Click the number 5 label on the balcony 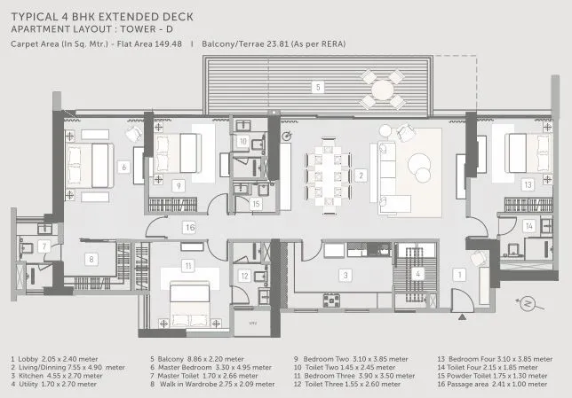click(x=317, y=87)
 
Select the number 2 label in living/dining click(x=361, y=175)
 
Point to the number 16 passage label click(x=189, y=228)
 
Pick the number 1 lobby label click(x=459, y=276)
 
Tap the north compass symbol click(x=531, y=304)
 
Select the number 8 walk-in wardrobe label click(x=91, y=259)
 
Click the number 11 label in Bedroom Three click(x=187, y=265)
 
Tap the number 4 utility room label click(x=418, y=275)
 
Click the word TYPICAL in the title click(x=32, y=14)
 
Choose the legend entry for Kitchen click(x=56, y=375)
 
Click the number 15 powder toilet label click(x=255, y=204)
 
